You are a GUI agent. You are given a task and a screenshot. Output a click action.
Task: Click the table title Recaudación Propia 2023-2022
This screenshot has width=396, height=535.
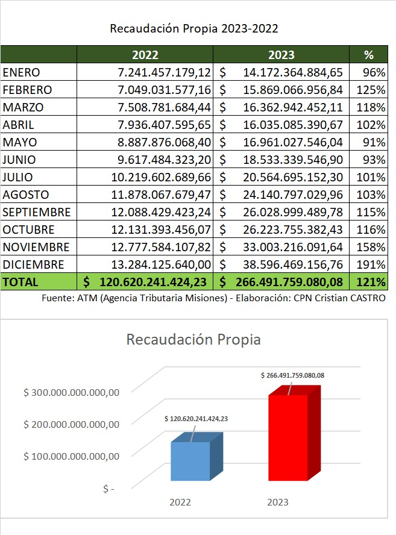pos(194,28)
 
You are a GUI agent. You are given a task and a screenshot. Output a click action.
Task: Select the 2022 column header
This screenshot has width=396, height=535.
pos(145,55)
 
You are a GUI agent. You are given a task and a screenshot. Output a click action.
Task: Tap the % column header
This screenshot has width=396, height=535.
pos(369,55)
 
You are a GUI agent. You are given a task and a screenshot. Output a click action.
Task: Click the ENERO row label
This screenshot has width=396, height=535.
pos(21,72)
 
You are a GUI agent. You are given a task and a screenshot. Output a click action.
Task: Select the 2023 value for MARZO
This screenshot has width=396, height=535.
pos(293,107)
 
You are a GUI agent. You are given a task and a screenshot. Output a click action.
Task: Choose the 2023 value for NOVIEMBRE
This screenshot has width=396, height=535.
pos(293,247)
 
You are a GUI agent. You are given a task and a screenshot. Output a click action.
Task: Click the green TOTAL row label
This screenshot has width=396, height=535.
pos(20,282)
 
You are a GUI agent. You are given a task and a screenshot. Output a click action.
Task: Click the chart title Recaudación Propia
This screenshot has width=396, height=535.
pos(193,339)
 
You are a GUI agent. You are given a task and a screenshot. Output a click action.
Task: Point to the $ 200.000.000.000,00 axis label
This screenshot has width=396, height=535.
pos(72,424)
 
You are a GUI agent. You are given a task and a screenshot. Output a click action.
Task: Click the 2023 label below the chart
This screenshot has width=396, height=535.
pos(277,502)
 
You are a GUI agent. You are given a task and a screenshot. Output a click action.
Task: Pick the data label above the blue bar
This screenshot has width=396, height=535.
pos(195,418)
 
